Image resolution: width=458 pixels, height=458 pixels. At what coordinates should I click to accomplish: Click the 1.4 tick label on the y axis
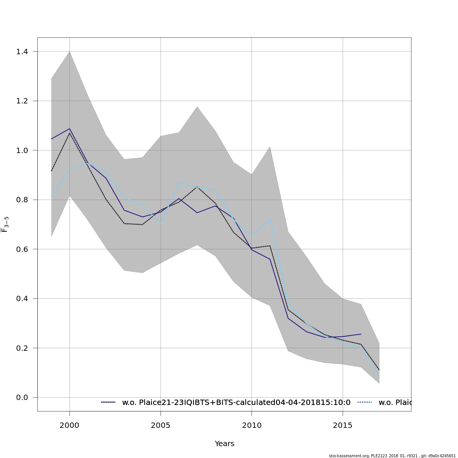24,52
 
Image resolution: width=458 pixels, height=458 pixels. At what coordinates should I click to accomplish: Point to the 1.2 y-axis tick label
24,101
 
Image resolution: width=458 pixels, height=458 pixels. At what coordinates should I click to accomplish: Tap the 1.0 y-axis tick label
24,150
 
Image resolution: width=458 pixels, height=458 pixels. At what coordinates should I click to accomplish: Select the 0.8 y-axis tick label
24,200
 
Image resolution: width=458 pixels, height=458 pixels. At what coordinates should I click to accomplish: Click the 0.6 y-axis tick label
24,249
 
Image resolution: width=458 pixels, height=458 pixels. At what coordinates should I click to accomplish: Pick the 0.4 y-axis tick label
24,299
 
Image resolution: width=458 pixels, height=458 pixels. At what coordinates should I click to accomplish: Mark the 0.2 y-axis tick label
24,348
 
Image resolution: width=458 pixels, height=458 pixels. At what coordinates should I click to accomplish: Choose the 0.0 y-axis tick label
24,398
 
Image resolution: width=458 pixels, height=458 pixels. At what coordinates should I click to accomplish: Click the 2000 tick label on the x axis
69,426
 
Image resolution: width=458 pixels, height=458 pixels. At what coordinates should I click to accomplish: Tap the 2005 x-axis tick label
161,426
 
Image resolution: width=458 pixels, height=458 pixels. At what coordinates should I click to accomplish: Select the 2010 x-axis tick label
252,426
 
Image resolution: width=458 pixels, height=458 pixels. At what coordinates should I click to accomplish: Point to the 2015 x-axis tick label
343,426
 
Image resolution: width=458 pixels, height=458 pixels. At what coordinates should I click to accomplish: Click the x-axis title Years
224,444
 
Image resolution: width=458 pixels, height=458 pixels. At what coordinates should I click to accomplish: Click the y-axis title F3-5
5,224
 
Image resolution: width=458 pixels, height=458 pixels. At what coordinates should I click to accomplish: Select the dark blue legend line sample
108,402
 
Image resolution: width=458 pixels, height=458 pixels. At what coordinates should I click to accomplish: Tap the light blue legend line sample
364,402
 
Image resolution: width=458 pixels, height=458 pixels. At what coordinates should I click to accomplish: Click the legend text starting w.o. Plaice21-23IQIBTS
236,403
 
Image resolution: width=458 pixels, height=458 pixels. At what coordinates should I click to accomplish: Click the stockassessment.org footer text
392,456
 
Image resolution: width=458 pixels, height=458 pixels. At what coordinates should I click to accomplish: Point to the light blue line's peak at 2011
270,219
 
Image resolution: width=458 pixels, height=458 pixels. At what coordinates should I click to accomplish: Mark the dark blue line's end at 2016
361,334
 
